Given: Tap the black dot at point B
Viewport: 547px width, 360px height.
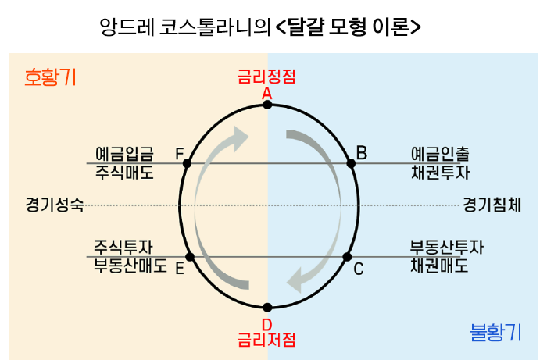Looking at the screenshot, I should click(x=351, y=163).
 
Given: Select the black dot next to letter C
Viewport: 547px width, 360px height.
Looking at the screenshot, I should click(x=348, y=256).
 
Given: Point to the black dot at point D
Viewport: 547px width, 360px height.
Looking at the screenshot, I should click(x=267, y=307).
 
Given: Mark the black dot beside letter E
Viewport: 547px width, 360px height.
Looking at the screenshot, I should click(x=188, y=256).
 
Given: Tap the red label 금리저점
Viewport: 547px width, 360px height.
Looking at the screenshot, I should click(x=266, y=340).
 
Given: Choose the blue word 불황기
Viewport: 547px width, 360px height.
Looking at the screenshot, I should click(x=495, y=333).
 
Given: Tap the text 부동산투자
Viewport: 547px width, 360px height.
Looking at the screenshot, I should click(x=446, y=247).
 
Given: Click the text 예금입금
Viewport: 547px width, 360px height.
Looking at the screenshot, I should click(x=124, y=153).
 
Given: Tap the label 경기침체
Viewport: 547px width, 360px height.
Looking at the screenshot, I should click(x=492, y=205).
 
